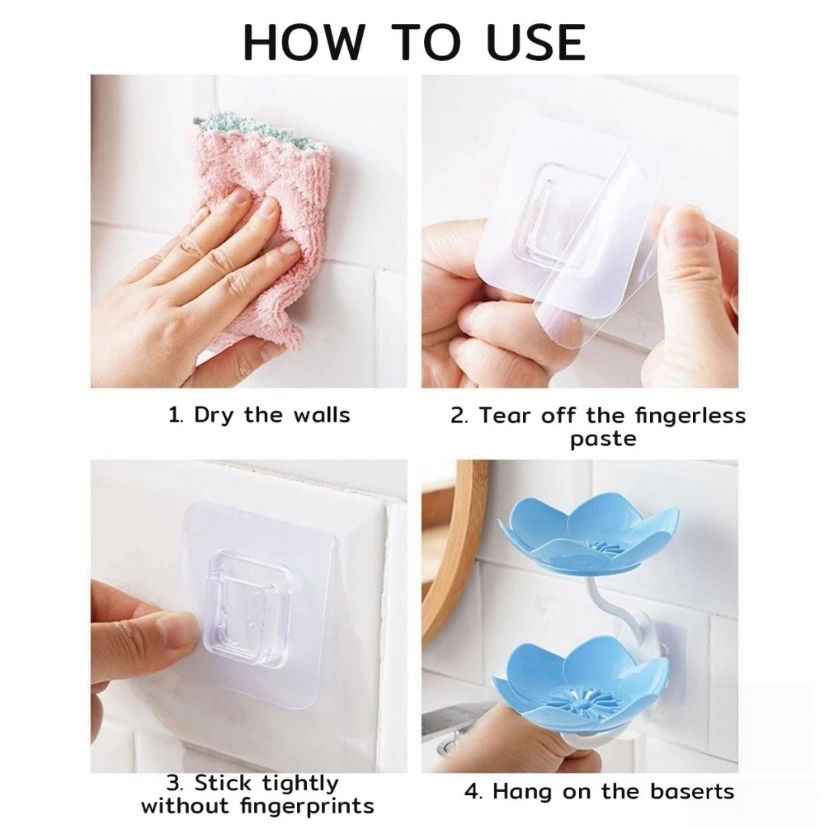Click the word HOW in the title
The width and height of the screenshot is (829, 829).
click(303, 42)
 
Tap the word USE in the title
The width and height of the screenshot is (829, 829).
click(536, 42)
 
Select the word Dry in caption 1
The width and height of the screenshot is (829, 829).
click(213, 416)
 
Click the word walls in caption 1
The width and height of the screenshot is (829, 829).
click(322, 415)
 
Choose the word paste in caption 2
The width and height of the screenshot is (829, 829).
click(603, 439)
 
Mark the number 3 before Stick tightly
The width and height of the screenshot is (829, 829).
click(174, 783)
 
